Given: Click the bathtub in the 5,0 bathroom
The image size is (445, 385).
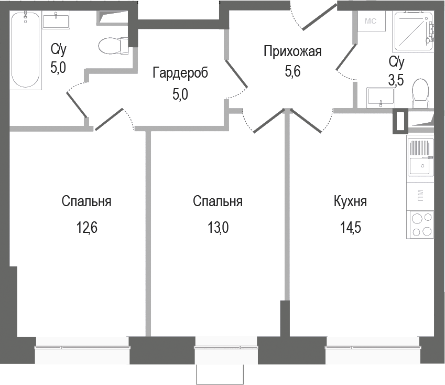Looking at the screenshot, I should click(x=26, y=50).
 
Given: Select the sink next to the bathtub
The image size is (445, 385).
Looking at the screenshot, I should click(x=56, y=22).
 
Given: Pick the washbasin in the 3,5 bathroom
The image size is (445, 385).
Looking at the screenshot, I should click(x=381, y=97).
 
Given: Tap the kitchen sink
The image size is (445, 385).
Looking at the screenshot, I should click(x=420, y=157).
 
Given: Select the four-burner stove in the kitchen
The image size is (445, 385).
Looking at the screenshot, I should click(x=421, y=225).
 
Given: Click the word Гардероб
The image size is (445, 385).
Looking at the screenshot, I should click(x=180, y=73).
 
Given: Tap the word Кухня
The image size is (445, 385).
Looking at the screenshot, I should click(x=350, y=202).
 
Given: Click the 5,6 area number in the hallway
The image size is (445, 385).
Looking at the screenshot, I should click(x=292, y=73).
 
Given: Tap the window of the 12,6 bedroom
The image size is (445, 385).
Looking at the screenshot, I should click(x=82, y=347).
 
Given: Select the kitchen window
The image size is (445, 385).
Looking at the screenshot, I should click(x=373, y=347).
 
